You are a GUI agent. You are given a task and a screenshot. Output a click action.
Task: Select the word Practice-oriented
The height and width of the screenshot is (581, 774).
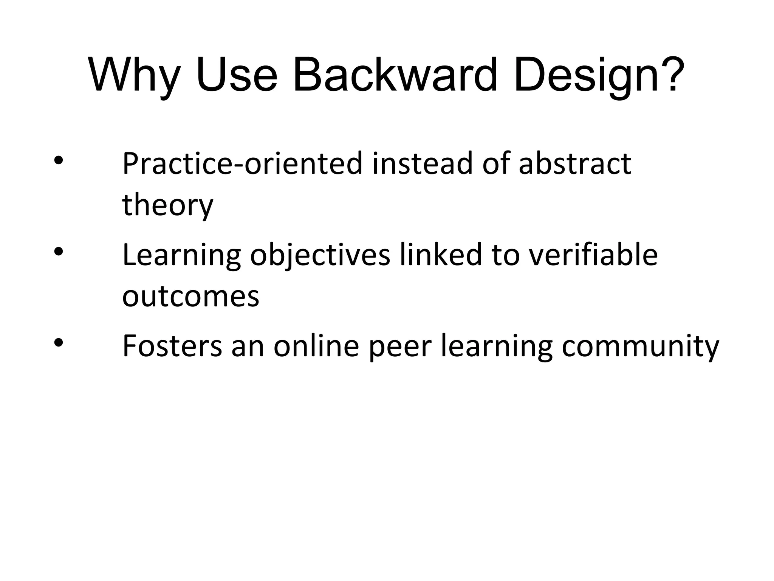[x=242, y=164]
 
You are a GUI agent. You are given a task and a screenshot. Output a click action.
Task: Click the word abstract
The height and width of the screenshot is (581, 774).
[x=575, y=164]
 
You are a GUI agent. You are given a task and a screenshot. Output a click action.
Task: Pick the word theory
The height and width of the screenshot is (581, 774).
[x=168, y=205]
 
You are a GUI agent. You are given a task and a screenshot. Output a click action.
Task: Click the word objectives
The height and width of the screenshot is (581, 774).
[x=320, y=256]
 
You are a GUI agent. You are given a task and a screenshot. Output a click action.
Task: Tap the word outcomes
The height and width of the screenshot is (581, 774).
[x=190, y=297]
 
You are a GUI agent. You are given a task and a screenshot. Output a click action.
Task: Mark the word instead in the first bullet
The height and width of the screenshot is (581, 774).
[x=422, y=164]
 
